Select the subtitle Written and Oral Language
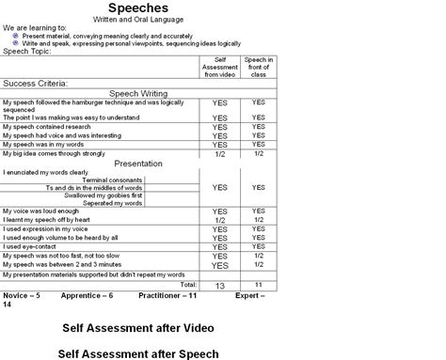click(138, 20)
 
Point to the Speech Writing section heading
click(139, 94)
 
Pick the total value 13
click(219, 284)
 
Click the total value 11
click(258, 283)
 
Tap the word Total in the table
click(188, 283)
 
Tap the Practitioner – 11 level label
click(167, 294)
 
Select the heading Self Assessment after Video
click(138, 328)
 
